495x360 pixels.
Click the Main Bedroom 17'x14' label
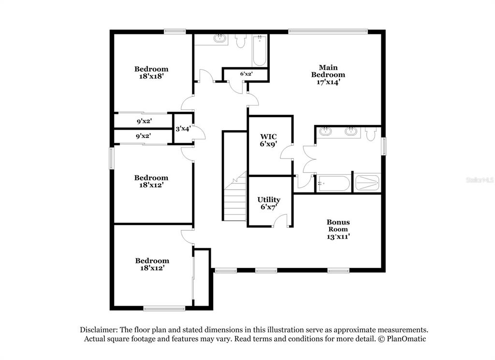tap(328, 75)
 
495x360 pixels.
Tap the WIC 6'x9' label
tap(268, 140)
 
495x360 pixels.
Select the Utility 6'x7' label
tap(269, 203)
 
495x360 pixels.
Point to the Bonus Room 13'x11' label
tap(338, 229)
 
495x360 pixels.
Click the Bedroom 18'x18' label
tap(151, 73)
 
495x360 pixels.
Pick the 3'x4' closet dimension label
tap(183, 129)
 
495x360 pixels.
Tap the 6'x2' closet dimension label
tap(246, 74)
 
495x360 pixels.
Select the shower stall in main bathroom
tap(367, 183)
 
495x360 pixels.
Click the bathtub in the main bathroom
tap(334, 183)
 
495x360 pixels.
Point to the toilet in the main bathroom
tap(371, 134)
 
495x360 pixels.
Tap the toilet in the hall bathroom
tap(241, 41)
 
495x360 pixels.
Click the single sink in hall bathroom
tap(220, 39)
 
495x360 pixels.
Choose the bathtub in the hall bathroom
tap(260, 50)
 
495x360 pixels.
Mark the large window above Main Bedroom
tap(328, 31)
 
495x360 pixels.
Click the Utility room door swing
tap(280, 221)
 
